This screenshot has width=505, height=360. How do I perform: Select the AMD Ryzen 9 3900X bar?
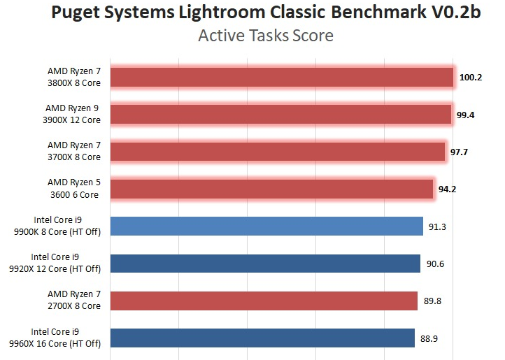[280, 115]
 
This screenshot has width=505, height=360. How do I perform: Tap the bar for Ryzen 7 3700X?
[277, 152]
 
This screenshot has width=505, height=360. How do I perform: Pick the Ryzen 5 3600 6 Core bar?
[271, 189]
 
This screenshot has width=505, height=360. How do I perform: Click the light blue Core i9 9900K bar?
[266, 226]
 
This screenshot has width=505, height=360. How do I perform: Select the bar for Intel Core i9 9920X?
[265, 263]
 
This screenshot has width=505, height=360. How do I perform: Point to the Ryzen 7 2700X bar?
[264, 301]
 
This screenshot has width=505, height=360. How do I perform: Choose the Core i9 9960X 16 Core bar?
[262, 338]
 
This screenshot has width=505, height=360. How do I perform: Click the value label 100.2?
[471, 78]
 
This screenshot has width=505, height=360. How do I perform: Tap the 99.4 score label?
[466, 115]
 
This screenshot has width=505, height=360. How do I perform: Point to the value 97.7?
[459, 152]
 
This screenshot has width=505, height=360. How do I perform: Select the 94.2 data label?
[448, 189]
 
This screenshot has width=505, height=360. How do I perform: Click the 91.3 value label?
[436, 226]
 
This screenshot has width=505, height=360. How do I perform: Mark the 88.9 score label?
[428, 338]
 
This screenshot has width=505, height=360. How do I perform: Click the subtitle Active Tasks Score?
[266, 36]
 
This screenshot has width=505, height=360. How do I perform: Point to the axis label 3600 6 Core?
[73, 194]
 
